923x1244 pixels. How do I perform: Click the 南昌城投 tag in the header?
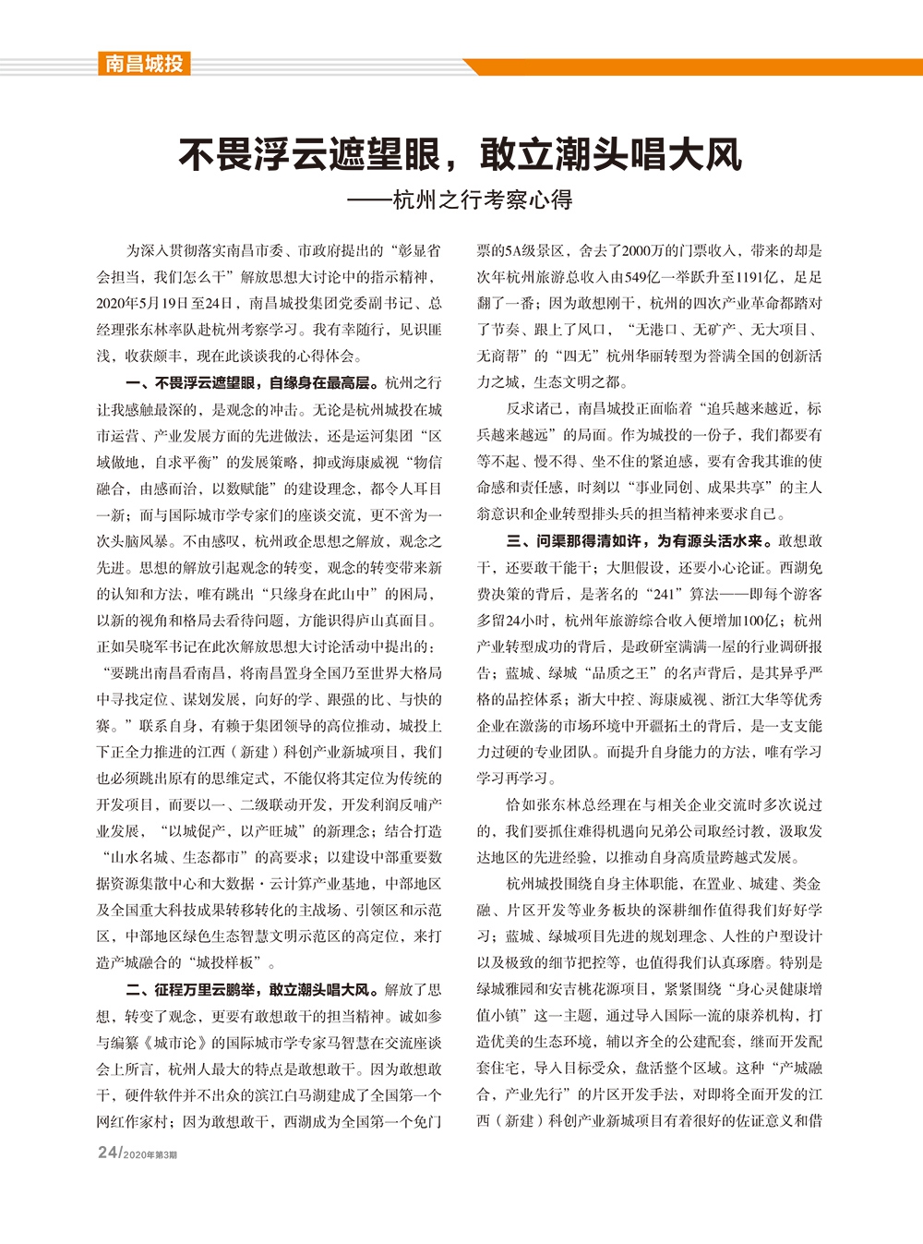pos(143,64)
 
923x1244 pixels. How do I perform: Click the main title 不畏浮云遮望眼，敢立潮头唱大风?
pos(460,154)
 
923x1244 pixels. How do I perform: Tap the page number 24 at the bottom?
pos(107,1153)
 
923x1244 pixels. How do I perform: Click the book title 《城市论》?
pos(175,1043)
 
